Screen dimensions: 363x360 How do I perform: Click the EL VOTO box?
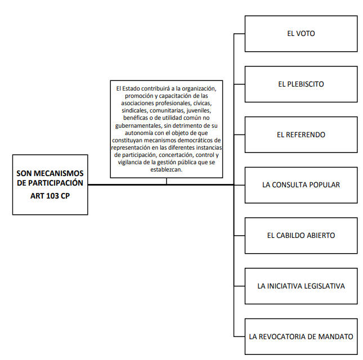[x=301, y=34]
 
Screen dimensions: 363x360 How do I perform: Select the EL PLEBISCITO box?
[x=301, y=84]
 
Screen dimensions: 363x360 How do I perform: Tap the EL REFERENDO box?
[x=301, y=134]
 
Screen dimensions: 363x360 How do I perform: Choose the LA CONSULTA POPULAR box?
[x=301, y=185]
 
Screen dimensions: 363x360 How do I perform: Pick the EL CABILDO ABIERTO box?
[x=301, y=236]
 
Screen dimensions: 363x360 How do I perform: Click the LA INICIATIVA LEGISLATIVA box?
[x=301, y=286]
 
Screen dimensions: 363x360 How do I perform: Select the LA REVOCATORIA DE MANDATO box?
[x=301, y=336]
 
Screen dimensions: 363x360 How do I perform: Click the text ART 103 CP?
[x=50, y=196]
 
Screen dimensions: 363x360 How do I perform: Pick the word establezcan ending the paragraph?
[x=166, y=169]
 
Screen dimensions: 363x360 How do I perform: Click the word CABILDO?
[x=290, y=236]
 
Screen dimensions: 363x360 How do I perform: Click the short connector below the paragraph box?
[x=166, y=181]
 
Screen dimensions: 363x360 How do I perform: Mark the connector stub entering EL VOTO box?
[x=239, y=34]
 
